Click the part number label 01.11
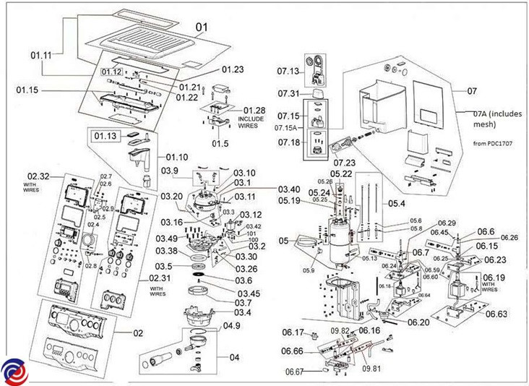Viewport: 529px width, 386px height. tap(41, 54)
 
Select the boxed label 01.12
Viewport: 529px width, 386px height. tap(112, 72)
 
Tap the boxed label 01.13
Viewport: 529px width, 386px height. tap(103, 134)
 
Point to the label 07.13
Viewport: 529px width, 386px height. tap(288, 71)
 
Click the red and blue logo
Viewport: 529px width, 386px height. tap(13, 372)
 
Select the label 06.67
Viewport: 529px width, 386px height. tap(294, 372)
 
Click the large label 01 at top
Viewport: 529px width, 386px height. tap(202, 27)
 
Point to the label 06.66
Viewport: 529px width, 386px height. tap(293, 351)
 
